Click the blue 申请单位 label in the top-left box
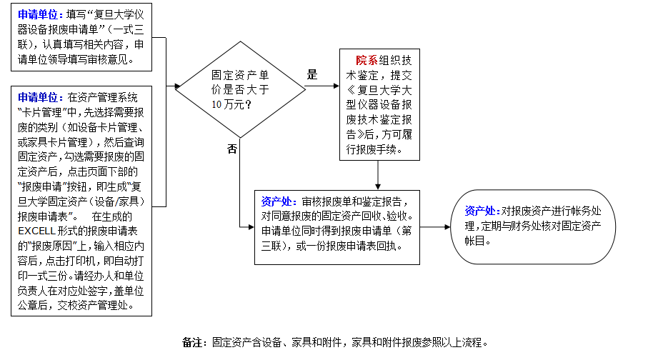tap(37, 14)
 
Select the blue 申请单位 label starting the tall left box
tap(37, 98)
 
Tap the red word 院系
tap(367, 60)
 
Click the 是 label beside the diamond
tap(312, 74)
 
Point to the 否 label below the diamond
tap(232, 149)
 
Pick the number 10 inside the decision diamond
tap(216, 104)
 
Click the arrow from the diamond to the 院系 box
tap(322, 86)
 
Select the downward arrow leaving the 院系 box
tap(377, 175)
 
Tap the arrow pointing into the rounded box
tap(435, 227)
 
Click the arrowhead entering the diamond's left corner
tap(178, 86)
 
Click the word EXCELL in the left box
tap(37, 231)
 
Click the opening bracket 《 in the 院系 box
tap(351, 90)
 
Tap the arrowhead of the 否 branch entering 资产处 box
tap(251, 227)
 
